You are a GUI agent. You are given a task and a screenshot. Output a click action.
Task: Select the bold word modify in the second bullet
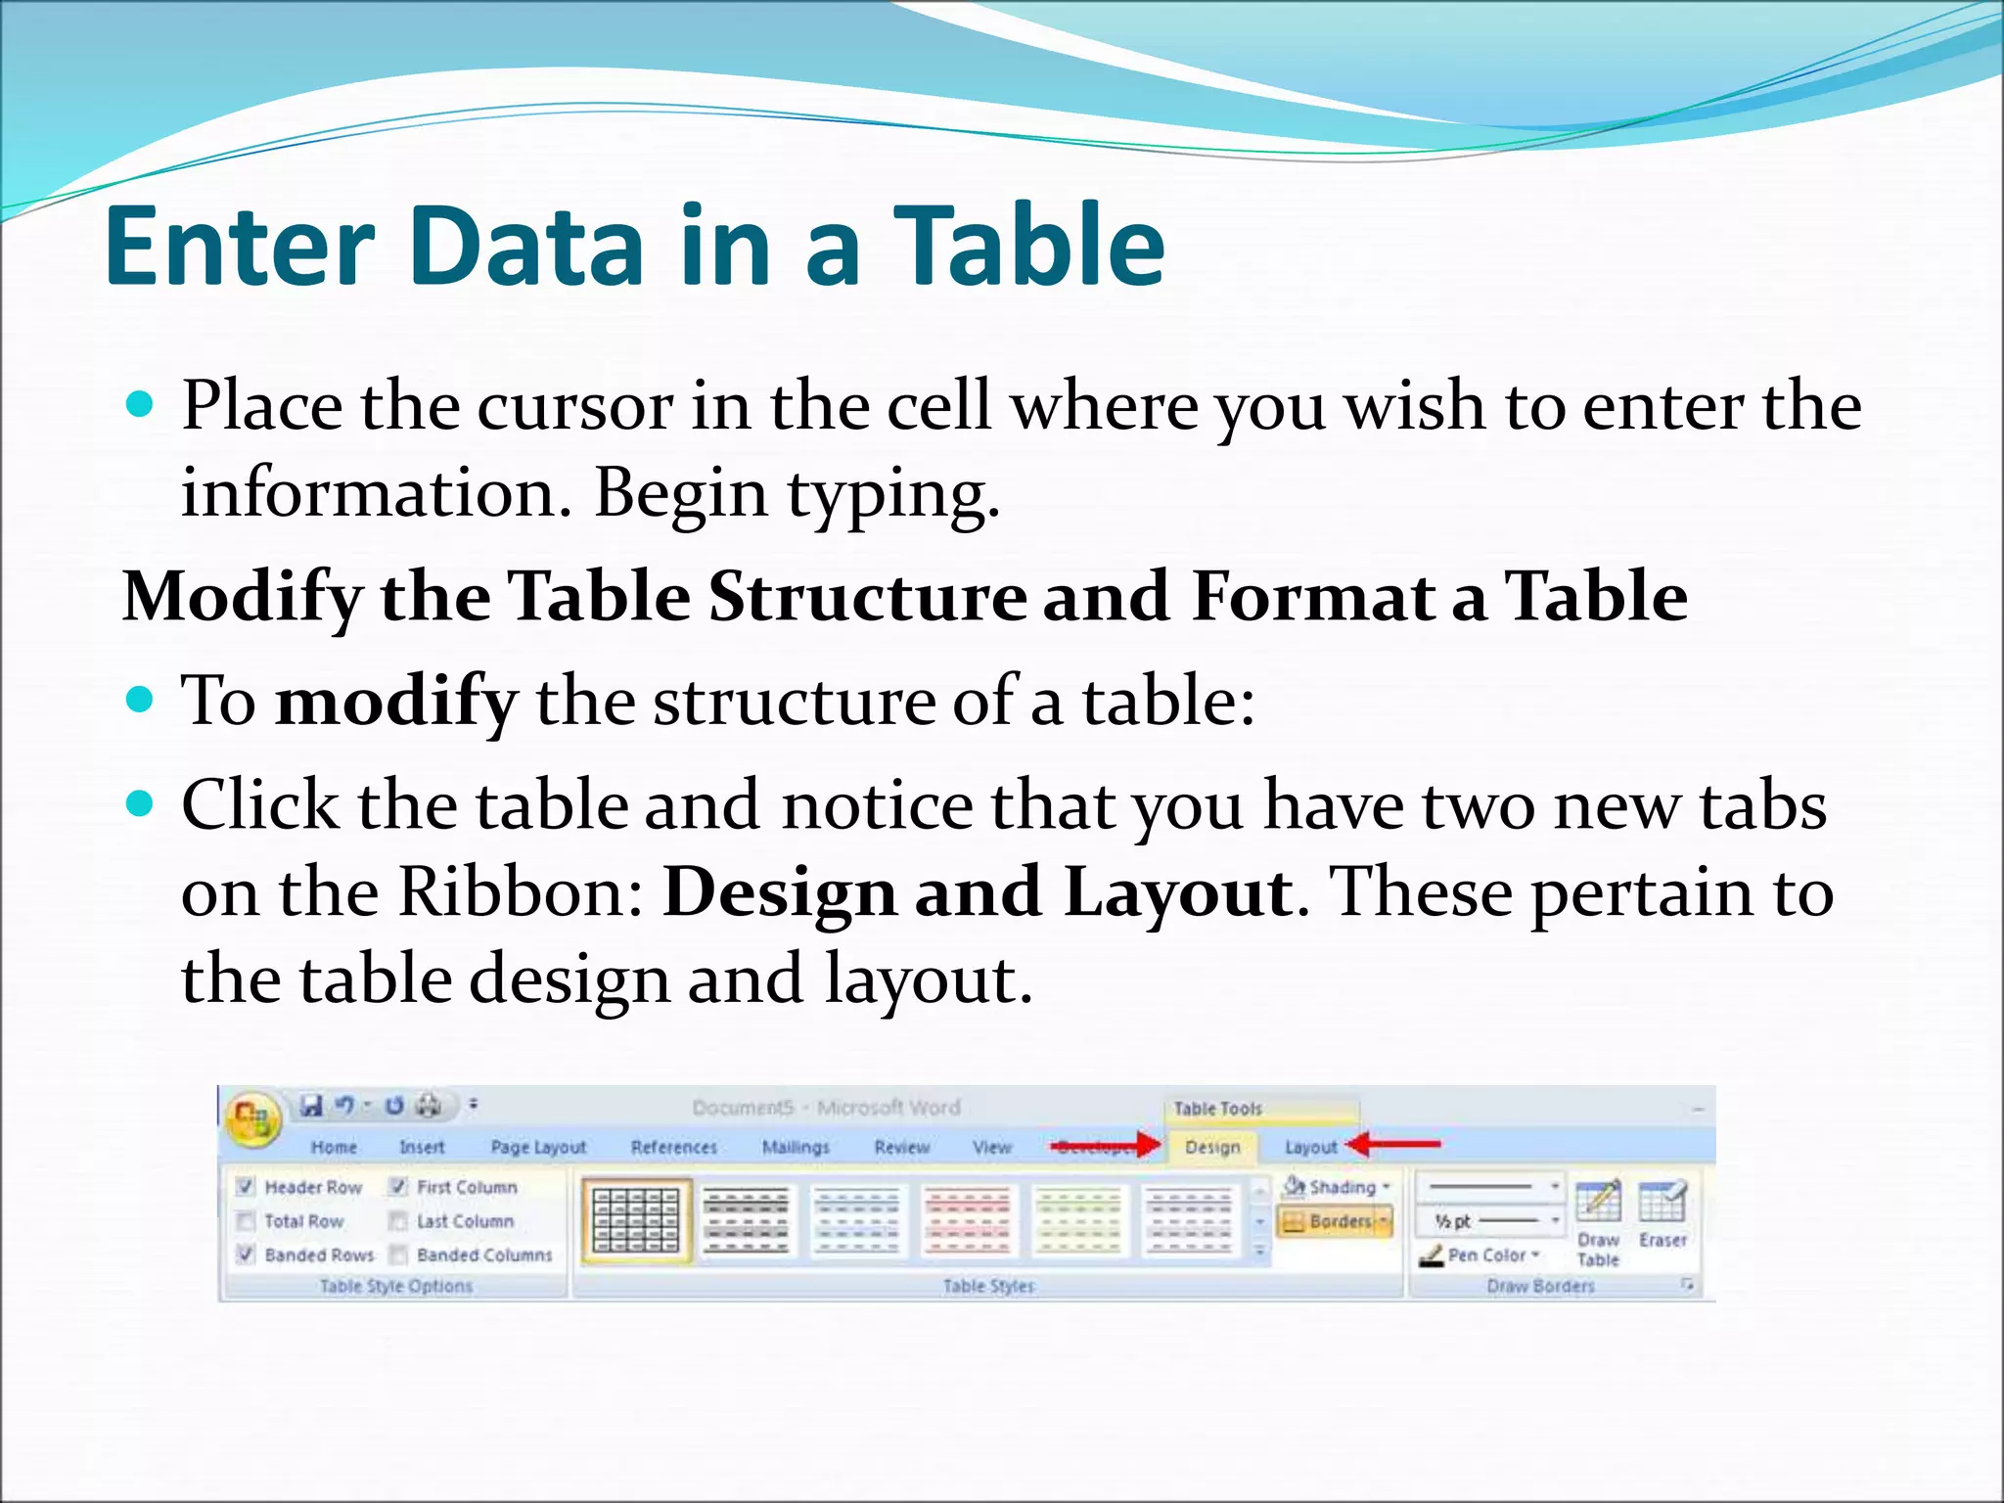(x=395, y=701)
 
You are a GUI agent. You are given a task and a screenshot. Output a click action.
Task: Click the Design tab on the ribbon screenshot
(x=1212, y=1147)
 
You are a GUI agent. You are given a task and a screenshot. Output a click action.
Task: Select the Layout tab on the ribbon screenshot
(x=1310, y=1147)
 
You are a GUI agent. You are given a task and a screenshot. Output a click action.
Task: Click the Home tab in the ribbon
(x=334, y=1147)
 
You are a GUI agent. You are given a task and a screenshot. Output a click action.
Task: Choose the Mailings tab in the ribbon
(x=796, y=1147)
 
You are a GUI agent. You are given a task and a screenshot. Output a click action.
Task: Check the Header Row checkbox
(x=246, y=1187)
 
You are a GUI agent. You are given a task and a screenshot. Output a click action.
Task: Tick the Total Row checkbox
(x=246, y=1221)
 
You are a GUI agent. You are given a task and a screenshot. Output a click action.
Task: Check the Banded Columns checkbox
(x=398, y=1254)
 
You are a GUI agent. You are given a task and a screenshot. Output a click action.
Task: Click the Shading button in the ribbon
(x=1337, y=1187)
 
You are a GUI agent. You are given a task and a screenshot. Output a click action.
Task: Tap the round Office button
(x=252, y=1119)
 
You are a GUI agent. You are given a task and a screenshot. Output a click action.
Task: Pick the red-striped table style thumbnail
(x=968, y=1220)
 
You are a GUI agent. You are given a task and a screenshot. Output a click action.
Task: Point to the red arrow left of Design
(x=1106, y=1145)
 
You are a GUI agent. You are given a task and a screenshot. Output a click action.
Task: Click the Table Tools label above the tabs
(x=1217, y=1109)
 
